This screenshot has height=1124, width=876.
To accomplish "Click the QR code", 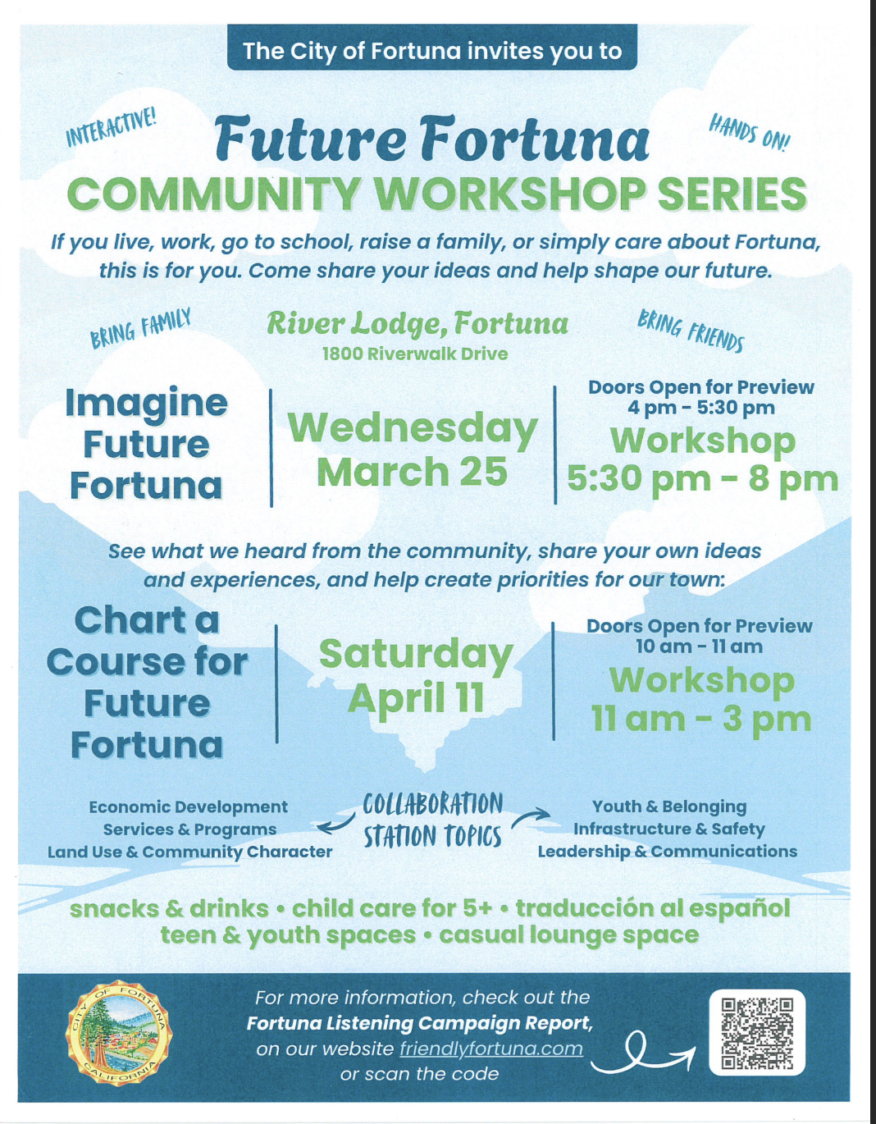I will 757,1033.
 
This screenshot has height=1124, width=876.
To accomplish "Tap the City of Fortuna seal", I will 120,1033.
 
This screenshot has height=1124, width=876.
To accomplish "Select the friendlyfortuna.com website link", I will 491,1049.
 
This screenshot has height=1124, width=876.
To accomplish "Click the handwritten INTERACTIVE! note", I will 111,126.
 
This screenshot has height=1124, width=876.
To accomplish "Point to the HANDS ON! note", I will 749,132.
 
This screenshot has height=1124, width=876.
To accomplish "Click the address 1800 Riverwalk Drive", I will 415,354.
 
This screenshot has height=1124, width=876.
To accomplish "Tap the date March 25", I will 412,472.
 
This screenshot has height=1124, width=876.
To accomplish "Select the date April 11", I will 416,698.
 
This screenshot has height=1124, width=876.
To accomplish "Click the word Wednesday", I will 413,427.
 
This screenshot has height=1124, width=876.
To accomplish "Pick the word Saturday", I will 416,654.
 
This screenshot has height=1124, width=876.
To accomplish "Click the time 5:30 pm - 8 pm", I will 702,478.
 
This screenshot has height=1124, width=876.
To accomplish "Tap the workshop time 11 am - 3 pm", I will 701,719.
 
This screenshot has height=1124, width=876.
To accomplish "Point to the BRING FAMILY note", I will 140,328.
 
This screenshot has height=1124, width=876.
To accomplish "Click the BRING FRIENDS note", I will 691,331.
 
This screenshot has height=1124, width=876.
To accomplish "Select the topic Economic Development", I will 188,806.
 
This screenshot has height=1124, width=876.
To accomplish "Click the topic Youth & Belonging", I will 669,806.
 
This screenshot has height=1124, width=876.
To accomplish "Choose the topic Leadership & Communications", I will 667,852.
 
